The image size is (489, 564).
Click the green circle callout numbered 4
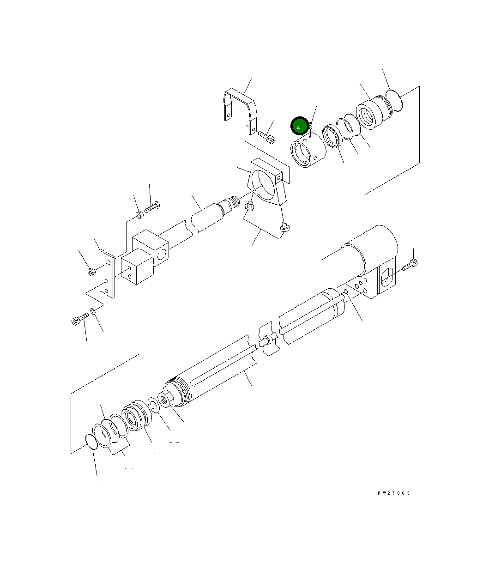tap(299, 127)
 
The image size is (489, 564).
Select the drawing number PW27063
tap(393, 493)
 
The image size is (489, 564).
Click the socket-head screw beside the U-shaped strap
tap(266, 136)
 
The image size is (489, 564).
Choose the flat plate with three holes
tap(107, 275)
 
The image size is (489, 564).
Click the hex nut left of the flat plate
tap(91, 271)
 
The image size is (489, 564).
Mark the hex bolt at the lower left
tap(79, 319)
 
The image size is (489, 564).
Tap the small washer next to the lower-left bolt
tap(94, 313)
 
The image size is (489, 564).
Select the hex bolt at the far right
tap(411, 266)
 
